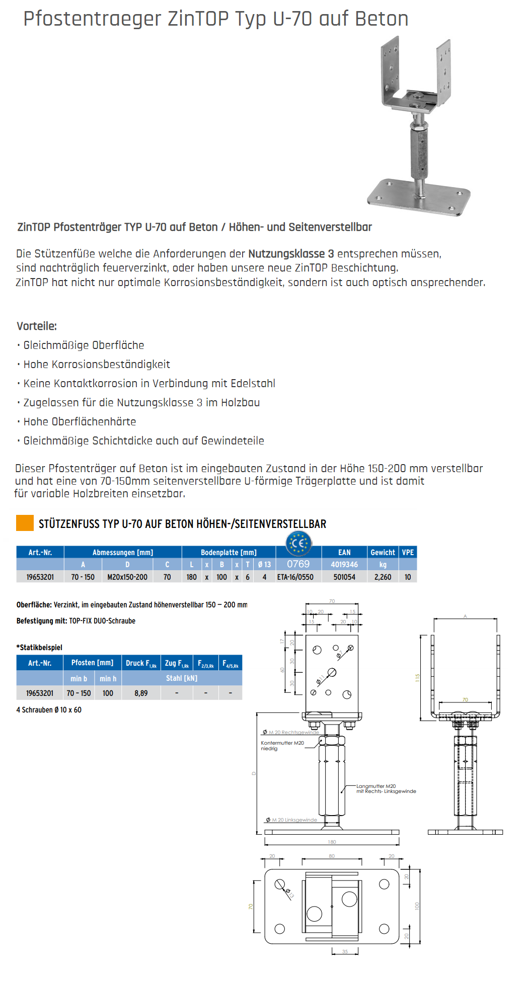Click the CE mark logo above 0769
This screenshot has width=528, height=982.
tap(298, 543)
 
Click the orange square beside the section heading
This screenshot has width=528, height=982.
tap(25, 523)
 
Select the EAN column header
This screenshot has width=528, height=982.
tap(344, 552)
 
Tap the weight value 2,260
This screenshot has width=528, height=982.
tap(383, 577)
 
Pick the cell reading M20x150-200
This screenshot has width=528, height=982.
tap(127, 577)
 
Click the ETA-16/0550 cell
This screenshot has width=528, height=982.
tap(295, 577)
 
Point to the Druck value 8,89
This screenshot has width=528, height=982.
tap(141, 693)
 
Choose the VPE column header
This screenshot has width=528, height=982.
tap(408, 552)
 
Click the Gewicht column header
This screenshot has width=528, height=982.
tap(383, 552)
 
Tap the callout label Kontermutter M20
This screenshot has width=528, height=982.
tap(282, 743)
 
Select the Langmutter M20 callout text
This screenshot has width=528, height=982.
tap(376, 786)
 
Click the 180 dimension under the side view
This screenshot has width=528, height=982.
tap(332, 842)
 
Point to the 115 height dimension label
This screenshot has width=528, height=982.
tap(417, 678)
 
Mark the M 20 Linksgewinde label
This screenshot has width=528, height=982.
tap(294, 820)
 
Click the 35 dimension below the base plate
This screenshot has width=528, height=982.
tap(345, 951)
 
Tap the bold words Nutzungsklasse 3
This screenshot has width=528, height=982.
tap(291, 254)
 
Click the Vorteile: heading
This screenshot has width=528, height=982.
tap(37, 326)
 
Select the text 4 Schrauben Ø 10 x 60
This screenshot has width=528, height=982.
tap(49, 710)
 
